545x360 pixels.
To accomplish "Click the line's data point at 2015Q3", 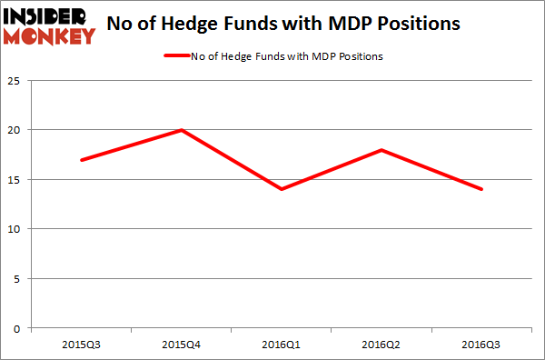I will pos(83,160).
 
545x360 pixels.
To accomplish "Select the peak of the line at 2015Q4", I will pos(183,130).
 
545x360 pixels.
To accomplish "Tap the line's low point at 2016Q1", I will pos(282,189).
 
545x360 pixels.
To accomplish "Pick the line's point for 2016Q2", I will pos(382,150).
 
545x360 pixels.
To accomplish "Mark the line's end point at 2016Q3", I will pos(481,189).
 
